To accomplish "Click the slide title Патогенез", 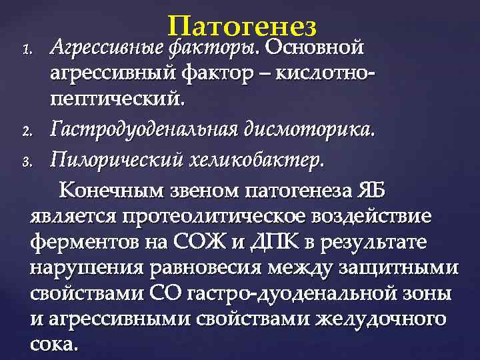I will [x=242, y=27].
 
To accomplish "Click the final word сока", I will [x=54, y=345].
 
